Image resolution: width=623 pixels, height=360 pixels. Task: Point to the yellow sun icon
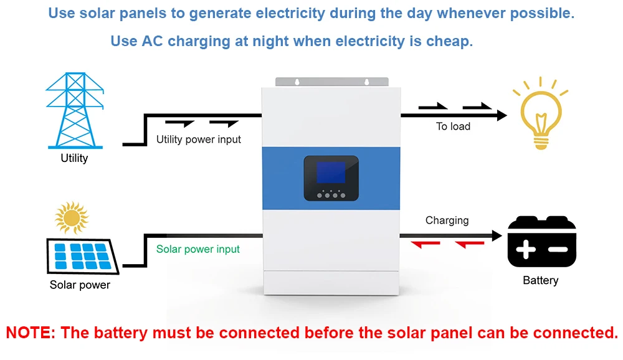(71, 217)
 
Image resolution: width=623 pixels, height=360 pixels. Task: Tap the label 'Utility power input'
(198, 140)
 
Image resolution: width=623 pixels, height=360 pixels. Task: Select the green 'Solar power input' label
(198, 249)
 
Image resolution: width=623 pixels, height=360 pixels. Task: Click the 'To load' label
(453, 126)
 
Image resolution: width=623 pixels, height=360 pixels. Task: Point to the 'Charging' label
(447, 220)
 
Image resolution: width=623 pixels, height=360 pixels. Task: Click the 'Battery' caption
(540, 280)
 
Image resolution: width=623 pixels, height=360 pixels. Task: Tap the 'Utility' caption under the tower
(74, 158)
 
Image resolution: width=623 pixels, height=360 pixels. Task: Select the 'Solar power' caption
(80, 285)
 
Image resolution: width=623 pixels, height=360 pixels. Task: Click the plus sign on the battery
(526, 250)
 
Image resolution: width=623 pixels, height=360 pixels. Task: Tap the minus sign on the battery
(558, 250)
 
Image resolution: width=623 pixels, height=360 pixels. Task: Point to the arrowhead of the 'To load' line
(502, 115)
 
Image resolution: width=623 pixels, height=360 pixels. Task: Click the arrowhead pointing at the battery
(497, 236)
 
